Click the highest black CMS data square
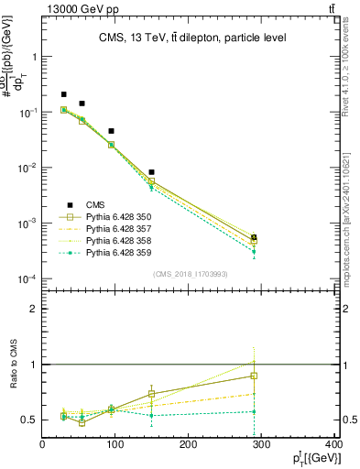pyautogui.click(x=64, y=94)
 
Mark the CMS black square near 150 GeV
pyautogui.click(x=151, y=172)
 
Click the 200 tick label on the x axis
pyautogui.click(x=188, y=445)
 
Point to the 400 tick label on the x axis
pyautogui.click(x=333, y=445)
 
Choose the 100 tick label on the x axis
pyautogui.click(x=115, y=445)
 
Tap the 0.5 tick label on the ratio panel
pyautogui.click(x=31, y=420)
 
